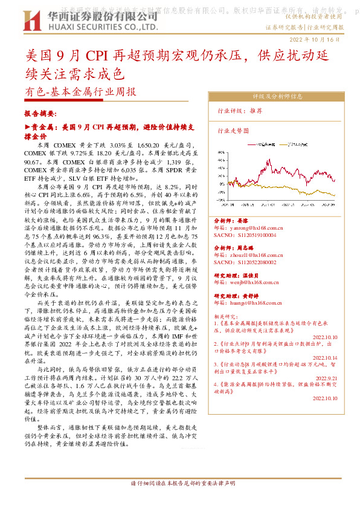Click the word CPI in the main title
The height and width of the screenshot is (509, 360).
point(95,58)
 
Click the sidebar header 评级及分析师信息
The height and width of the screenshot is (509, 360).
point(277,96)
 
